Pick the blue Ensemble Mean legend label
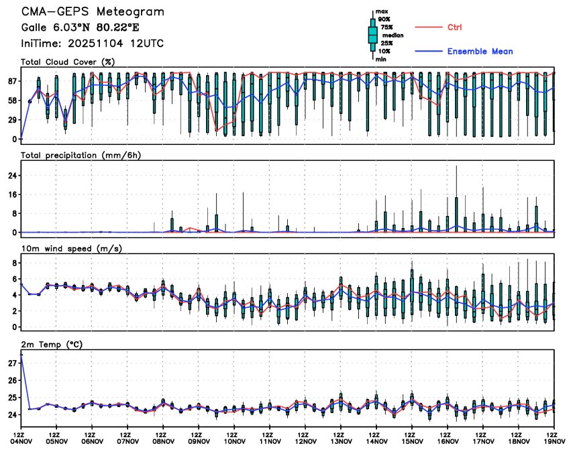click(480, 51)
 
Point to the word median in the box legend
click(393, 35)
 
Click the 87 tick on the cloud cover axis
click(12, 81)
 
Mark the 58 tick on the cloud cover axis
click(12, 101)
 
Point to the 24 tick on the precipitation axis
click(12, 176)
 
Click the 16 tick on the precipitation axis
click(12, 194)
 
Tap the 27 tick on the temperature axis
click(12, 363)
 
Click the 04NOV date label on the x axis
click(21, 441)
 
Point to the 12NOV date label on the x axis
click(305, 441)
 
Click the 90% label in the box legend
click(384, 19)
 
